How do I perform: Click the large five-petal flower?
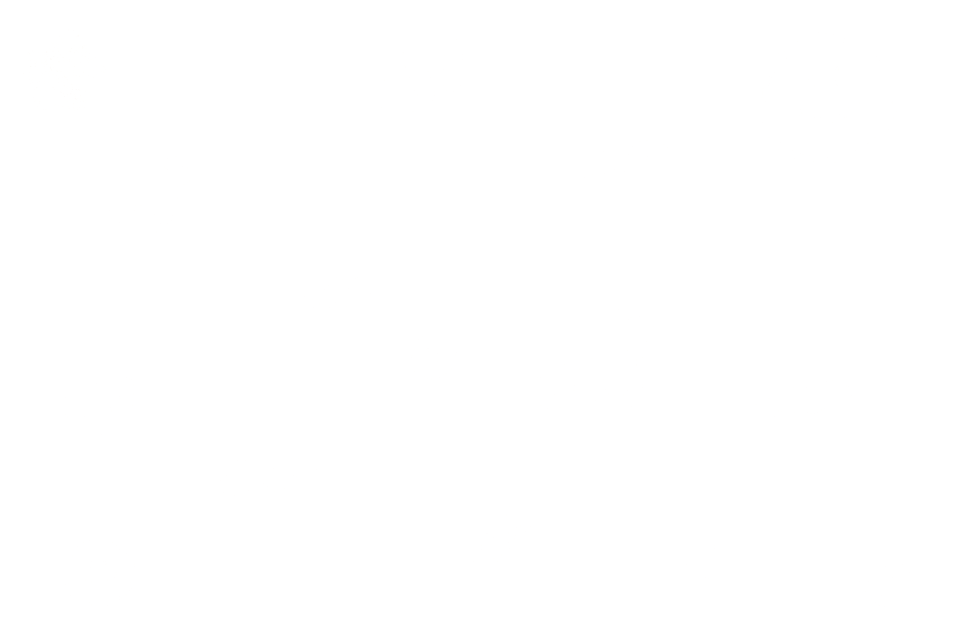click(62, 71)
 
